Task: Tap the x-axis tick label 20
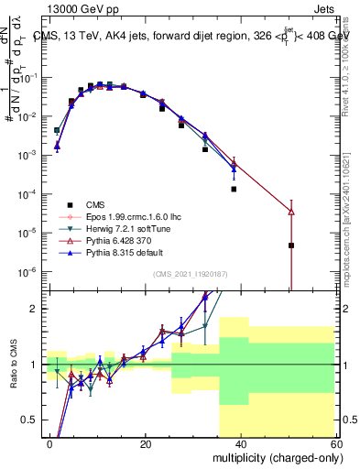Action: point(146,443)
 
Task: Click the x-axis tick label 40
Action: point(241,443)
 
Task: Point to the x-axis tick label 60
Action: point(336,443)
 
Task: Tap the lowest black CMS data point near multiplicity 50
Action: point(291,245)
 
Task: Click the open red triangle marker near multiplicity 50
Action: point(291,212)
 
